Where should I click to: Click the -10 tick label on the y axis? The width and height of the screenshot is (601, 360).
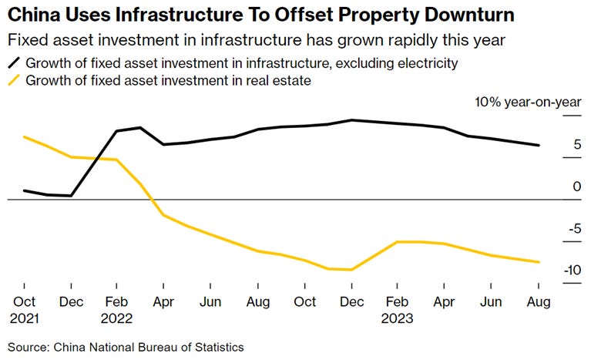(571, 271)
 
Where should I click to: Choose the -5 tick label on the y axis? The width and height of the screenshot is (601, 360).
(574, 229)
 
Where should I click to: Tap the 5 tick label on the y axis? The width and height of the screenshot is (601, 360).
(576, 145)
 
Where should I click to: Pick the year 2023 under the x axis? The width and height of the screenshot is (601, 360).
(398, 318)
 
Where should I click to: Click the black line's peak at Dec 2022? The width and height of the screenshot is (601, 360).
(352, 120)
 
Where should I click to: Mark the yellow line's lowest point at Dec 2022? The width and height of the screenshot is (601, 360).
(352, 270)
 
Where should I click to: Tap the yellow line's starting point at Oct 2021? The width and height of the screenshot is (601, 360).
(24, 137)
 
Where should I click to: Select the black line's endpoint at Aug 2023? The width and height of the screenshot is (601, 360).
(539, 145)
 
